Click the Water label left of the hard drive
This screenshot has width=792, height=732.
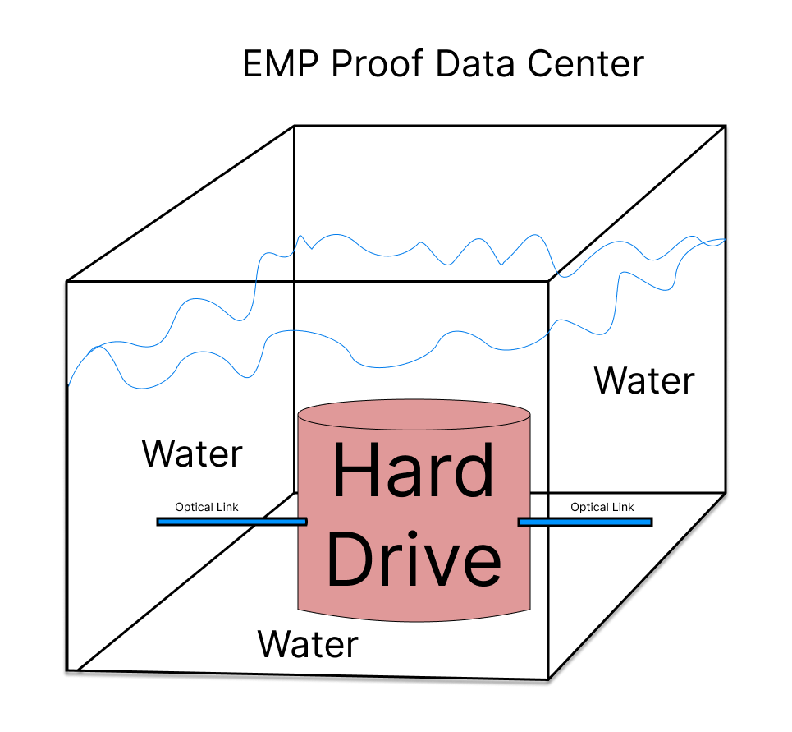[193, 453]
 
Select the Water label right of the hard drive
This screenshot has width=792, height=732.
[644, 380]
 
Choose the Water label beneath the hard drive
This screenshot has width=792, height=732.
[309, 644]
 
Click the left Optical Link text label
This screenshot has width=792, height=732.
[207, 507]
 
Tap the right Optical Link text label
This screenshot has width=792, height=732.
[602, 507]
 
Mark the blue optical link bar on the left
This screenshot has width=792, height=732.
[231, 521]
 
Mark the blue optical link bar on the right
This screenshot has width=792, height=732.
[585, 521]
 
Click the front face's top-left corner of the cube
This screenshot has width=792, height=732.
[66, 282]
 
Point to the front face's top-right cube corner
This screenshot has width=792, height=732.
[548, 281]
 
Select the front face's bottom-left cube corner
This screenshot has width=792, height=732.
[66, 671]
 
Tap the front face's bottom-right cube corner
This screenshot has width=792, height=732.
[548, 679]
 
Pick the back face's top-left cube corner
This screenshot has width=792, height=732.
[295, 126]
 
